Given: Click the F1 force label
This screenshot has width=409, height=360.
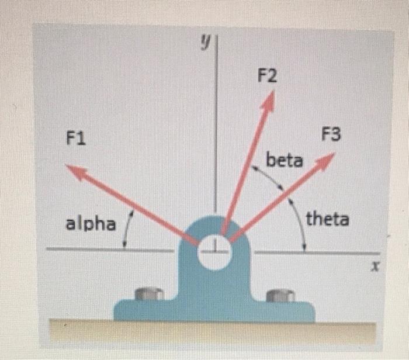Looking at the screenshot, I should pyautogui.click(x=76, y=139).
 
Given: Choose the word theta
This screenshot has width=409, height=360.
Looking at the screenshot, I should pyautogui.click(x=328, y=220).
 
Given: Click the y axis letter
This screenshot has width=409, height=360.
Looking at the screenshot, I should pyautogui.click(x=205, y=42).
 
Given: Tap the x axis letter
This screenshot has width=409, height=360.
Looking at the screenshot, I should pyautogui.click(x=377, y=267).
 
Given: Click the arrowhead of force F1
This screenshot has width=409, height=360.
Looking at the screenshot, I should pyautogui.click(x=74, y=169).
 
